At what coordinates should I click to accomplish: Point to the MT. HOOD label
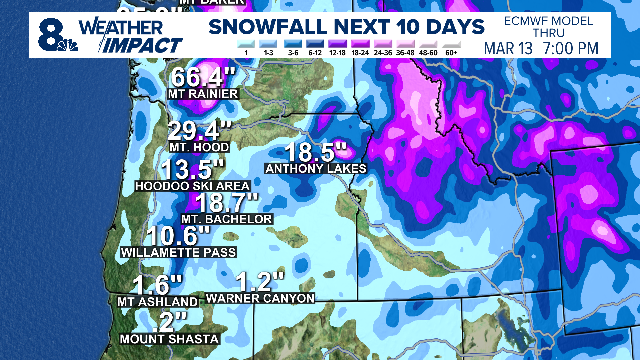pos(200,146)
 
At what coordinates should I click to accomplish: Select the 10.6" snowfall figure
pos(165,236)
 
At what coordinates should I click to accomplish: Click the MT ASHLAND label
pos(150,300)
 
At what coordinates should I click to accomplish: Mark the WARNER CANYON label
pos(262,298)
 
